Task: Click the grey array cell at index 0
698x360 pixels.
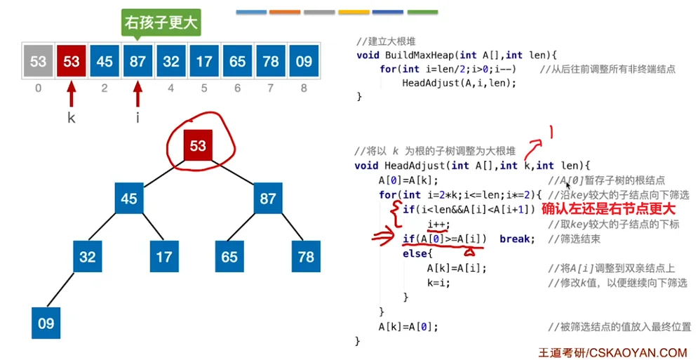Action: point(38,61)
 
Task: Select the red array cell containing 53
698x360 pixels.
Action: point(71,61)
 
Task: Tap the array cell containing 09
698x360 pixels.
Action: point(303,61)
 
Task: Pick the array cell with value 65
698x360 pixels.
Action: point(237,61)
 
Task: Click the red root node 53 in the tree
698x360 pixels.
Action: point(198,146)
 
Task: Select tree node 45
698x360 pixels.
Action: point(128,199)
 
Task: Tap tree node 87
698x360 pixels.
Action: point(267,199)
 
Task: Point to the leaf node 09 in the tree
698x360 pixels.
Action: point(46,324)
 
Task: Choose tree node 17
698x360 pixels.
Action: point(163,257)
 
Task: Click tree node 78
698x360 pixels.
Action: point(305,257)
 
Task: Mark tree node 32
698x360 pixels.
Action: point(88,257)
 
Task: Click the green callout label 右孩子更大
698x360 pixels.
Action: point(161,23)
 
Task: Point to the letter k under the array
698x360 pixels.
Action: point(71,118)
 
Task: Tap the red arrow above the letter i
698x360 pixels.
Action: point(137,94)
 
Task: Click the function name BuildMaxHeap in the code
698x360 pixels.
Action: point(417,55)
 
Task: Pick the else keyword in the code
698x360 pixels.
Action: point(415,253)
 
